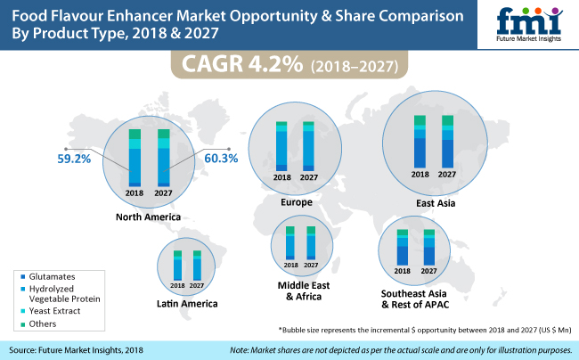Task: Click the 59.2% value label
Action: [74, 159]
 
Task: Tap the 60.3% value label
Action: [221, 159]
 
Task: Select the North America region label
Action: [148, 217]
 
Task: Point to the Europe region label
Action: [297, 202]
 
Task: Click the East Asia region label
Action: [436, 203]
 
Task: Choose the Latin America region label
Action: [187, 304]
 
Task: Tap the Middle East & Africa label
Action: [304, 291]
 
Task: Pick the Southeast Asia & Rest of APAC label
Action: [414, 299]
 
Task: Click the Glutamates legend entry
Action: [48, 276]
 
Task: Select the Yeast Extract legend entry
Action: [51, 311]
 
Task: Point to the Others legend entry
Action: [39, 323]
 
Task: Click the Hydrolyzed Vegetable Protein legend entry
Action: [61, 294]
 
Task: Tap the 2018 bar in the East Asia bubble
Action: [420, 142]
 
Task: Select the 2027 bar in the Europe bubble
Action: [309, 146]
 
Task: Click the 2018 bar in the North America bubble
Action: [135, 158]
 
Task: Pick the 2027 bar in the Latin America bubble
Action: [197, 266]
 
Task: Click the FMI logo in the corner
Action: [529, 24]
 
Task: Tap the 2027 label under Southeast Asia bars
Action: [428, 271]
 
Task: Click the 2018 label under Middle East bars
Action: [291, 266]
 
